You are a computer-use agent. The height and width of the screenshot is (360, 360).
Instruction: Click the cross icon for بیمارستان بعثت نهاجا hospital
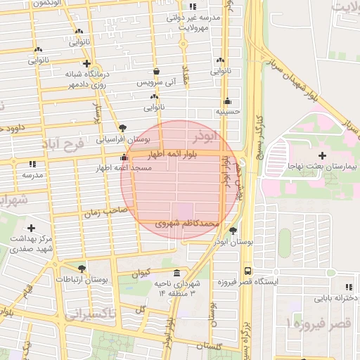[322, 155]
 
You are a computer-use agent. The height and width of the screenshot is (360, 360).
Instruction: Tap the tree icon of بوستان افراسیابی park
[124, 128]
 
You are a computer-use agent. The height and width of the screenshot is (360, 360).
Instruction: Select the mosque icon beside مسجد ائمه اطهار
[124, 157]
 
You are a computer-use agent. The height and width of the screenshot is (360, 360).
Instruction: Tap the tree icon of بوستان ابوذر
[233, 230]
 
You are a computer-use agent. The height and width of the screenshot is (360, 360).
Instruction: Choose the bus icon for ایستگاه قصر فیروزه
[247, 270]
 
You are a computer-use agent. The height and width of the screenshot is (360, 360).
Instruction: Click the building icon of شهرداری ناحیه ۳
[176, 273]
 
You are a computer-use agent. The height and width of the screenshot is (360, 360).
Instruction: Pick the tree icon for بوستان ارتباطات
[82, 269]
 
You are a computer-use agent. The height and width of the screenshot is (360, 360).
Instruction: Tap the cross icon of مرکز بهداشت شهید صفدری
[31, 228]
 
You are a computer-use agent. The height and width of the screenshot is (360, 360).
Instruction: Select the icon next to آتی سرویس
[155, 71]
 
